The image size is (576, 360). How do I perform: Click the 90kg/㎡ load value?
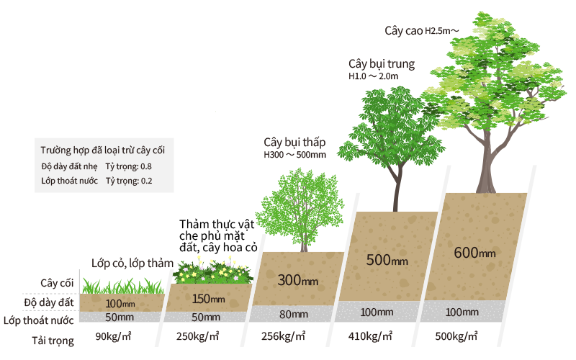coord(114,336)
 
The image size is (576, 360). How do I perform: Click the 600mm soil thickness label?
coord(474,253)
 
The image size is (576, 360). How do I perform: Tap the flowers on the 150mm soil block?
coord(212,270)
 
